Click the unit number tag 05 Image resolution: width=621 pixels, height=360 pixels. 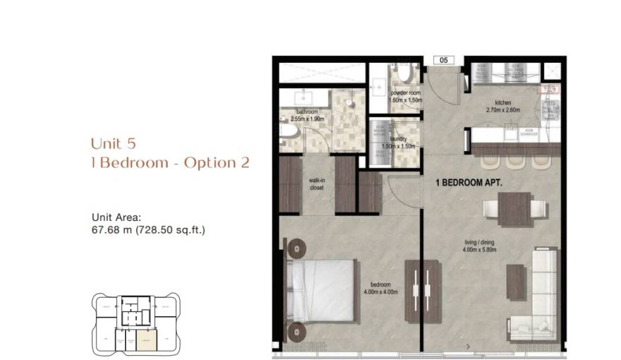(x=444, y=61)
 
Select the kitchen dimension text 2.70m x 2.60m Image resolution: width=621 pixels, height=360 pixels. (x=503, y=110)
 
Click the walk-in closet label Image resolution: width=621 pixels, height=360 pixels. (x=317, y=185)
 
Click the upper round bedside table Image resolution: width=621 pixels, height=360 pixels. (x=296, y=246)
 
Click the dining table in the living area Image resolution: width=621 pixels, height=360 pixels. (x=514, y=209)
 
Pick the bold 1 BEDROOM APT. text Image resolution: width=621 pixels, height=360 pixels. (x=469, y=182)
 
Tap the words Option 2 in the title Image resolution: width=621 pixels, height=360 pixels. (x=217, y=163)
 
